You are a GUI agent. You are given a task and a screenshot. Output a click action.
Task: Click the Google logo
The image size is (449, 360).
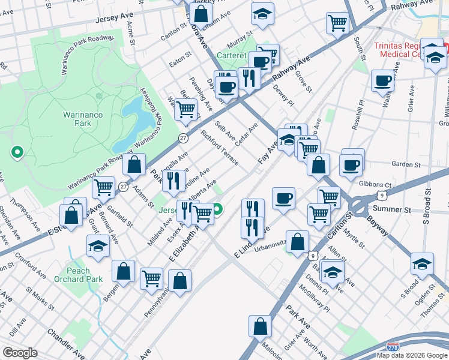(20, 353)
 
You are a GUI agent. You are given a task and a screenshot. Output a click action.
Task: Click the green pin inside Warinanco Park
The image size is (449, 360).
(17, 152)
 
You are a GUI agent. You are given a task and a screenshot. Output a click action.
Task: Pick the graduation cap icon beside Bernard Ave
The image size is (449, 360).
(98, 245)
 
